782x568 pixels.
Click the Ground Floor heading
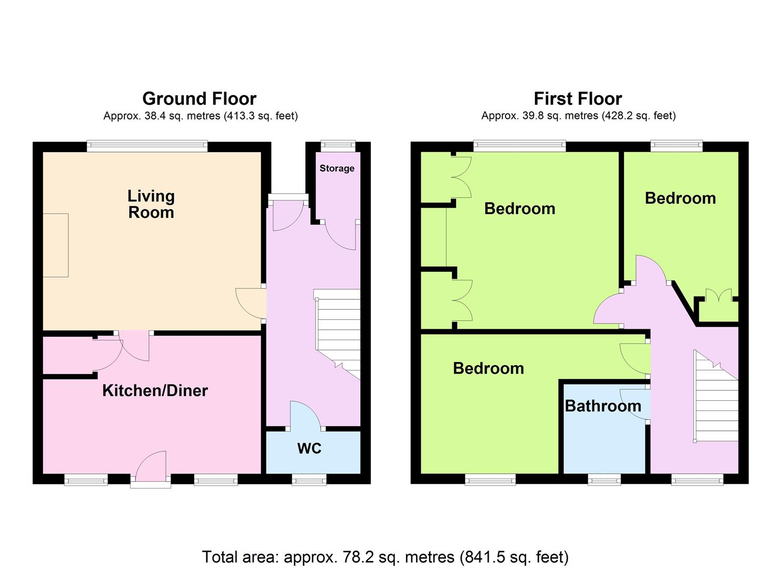click(x=200, y=99)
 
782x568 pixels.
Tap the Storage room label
click(x=337, y=168)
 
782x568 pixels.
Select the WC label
click(x=309, y=449)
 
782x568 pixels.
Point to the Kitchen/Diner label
click(x=155, y=391)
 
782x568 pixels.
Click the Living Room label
click(x=151, y=204)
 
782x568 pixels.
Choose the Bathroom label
click(x=603, y=406)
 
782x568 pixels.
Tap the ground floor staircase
click(x=338, y=334)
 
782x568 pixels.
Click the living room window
click(x=147, y=146)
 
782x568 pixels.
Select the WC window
click(x=309, y=479)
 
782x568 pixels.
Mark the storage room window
click(x=338, y=146)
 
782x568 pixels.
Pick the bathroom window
click(x=605, y=479)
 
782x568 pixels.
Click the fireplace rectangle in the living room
click(x=55, y=246)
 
